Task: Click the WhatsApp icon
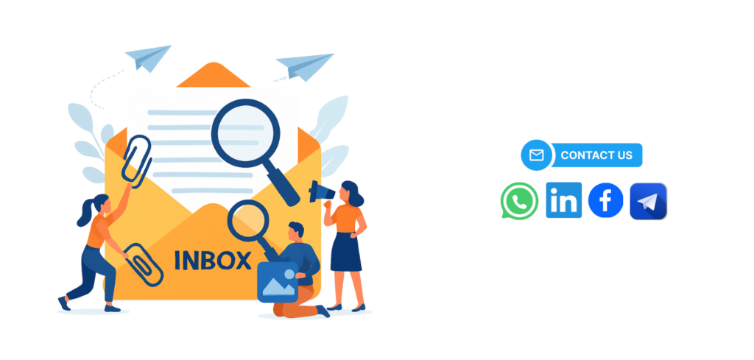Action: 519,201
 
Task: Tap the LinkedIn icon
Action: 563,200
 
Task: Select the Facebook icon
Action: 605,200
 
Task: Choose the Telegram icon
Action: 648,202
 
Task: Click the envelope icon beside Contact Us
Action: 536,155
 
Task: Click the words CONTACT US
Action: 596,155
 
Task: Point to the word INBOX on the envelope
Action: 213,260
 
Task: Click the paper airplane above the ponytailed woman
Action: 149,57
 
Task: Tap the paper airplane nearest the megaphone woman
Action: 305,66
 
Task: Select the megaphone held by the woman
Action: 321,191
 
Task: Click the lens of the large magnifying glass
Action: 245,131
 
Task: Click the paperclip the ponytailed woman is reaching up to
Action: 136,161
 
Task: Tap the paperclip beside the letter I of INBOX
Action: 144,265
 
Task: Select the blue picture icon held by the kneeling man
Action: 278,282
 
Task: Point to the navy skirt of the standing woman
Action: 346,250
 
